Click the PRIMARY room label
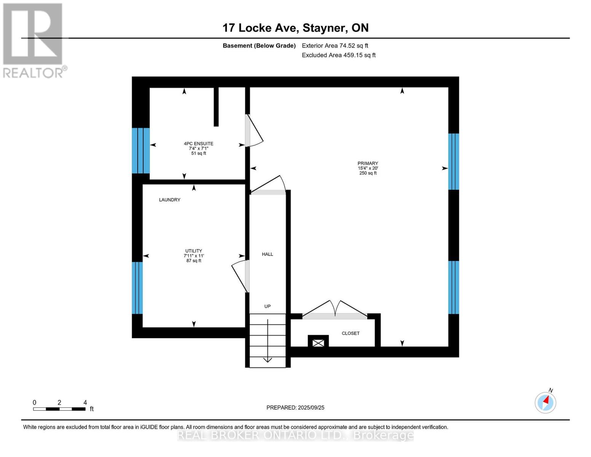(x=368, y=163)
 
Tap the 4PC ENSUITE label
(x=199, y=144)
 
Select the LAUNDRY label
(x=170, y=200)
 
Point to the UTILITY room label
(x=194, y=251)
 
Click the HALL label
(x=268, y=254)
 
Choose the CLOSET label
(x=350, y=333)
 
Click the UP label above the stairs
(x=268, y=307)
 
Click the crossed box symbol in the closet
(x=318, y=343)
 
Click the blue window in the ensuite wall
(x=140, y=151)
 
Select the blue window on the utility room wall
(x=137, y=288)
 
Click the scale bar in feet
(x=59, y=409)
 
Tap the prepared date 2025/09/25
(x=295, y=407)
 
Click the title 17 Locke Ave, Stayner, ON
(x=295, y=28)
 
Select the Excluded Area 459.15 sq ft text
(x=339, y=55)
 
